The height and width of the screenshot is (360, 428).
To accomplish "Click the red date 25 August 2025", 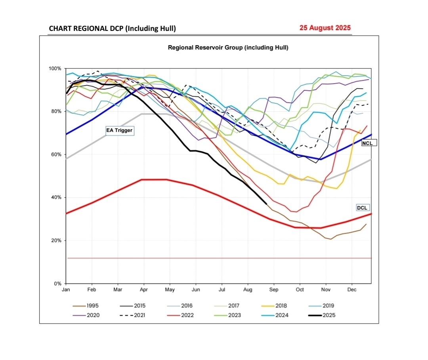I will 325,28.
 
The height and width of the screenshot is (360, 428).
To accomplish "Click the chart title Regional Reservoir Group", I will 228,48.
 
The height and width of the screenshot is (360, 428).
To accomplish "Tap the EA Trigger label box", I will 119,130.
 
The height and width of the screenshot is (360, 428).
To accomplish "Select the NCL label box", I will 369,143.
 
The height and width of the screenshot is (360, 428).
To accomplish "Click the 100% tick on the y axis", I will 55,69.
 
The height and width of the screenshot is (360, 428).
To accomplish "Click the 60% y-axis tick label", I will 56,154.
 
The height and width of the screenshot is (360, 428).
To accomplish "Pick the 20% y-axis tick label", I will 56,240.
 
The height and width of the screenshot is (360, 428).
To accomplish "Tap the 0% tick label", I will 57,284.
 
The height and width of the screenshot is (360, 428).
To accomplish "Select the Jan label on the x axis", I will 66,290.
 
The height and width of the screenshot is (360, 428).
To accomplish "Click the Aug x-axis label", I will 248,290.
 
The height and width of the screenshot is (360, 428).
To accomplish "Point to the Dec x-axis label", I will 352,290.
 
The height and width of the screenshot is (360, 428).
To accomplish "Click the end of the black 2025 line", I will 266,204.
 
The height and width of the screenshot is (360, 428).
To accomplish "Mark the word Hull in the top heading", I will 166,29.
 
